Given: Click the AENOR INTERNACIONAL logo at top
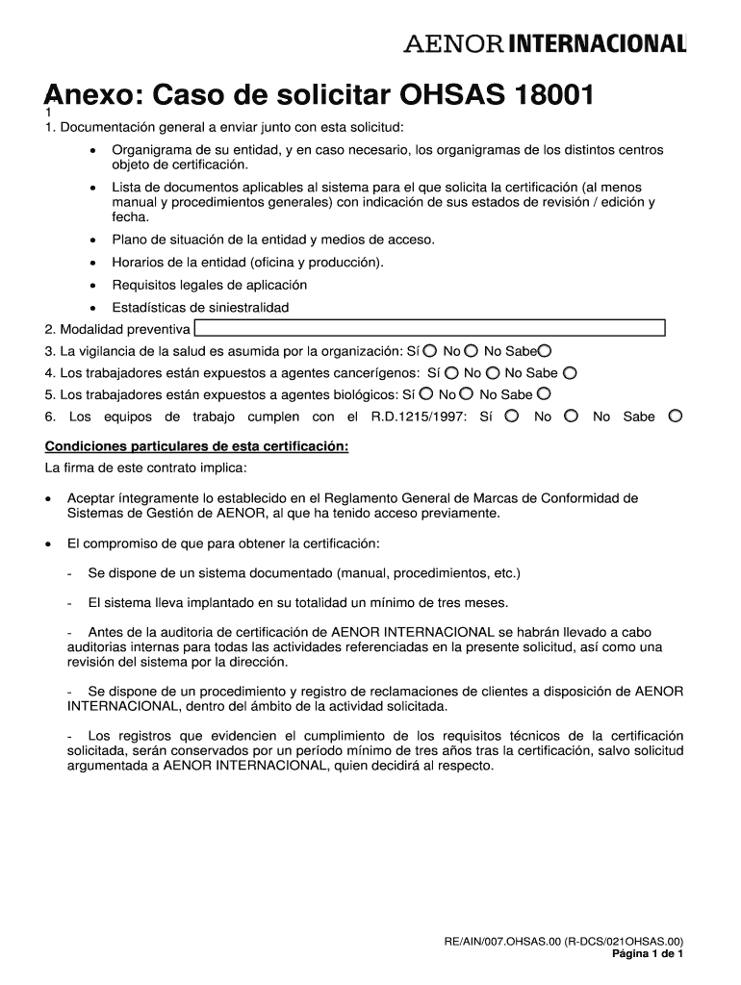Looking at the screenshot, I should coord(544,44).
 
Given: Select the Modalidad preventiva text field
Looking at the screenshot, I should coord(430,328).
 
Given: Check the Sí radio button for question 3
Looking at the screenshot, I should coord(429,350).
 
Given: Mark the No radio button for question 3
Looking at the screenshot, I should coord(471,350).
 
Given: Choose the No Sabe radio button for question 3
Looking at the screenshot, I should coord(545,350).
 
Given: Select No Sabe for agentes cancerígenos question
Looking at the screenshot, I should coord(570,372).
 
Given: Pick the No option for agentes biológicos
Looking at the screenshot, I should coord(466,393).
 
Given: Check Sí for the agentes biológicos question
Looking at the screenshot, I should coord(425,393).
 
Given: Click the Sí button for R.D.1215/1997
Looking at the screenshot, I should coord(511,416).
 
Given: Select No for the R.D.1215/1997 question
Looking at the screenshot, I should coord(571,416).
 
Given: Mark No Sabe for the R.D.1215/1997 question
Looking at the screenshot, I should coord(676,416).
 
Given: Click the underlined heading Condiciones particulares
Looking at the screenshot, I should coord(196,446).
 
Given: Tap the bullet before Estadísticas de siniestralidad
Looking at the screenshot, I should coord(92,308).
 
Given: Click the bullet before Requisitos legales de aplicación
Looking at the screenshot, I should coord(92,285).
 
